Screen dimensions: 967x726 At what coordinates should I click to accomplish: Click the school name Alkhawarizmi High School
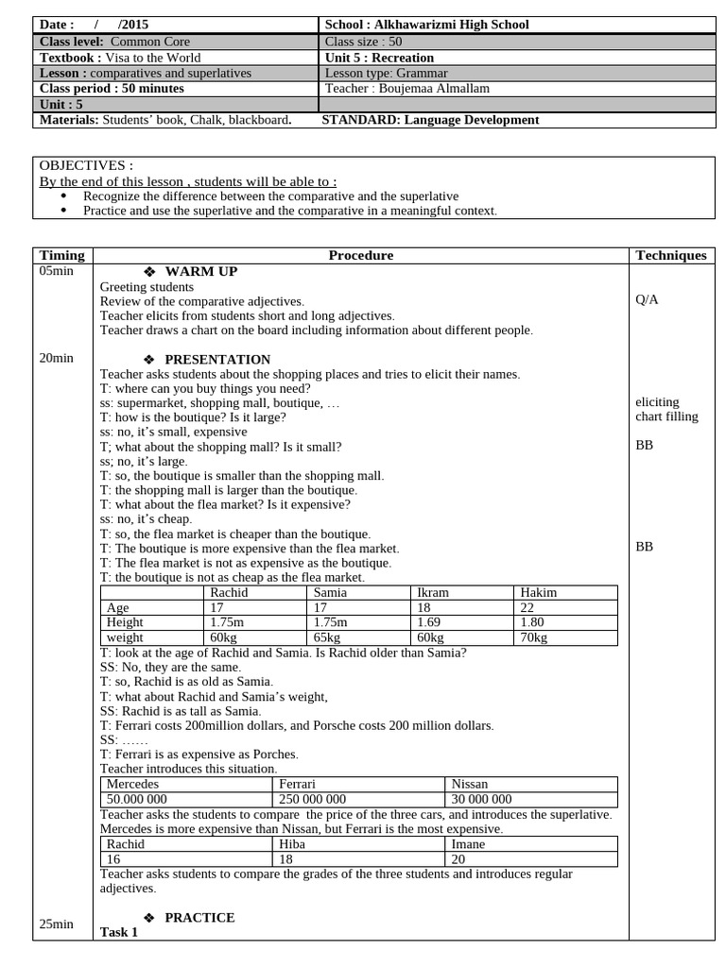452,25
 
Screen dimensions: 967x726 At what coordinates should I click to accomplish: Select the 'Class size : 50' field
363,42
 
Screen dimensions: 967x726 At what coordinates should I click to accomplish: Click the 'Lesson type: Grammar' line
386,73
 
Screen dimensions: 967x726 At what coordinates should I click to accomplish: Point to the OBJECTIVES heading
80,165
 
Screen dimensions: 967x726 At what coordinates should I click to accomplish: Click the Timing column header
62,255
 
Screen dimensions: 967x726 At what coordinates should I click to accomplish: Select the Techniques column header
671,255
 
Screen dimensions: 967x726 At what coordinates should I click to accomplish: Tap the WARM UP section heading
200,272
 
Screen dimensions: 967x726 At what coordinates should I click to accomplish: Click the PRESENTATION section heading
216,360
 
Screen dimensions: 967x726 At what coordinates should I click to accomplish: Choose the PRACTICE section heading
199,918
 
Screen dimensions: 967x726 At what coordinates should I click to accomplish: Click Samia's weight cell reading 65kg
327,638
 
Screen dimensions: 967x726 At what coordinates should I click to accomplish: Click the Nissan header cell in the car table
470,784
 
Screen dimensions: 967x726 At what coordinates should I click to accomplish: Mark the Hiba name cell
292,844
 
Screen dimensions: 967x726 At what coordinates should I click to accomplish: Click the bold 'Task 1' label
119,933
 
